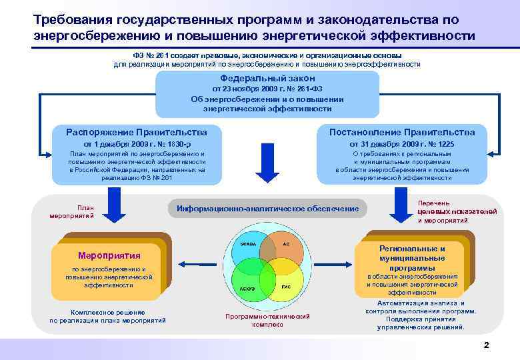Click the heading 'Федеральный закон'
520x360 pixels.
267,78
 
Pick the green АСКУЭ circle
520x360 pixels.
249,283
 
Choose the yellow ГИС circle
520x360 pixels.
285,283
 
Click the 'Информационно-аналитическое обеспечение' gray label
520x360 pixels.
267,209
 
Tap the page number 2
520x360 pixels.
486,345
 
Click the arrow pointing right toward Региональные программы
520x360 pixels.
337,262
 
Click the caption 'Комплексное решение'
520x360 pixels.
107,312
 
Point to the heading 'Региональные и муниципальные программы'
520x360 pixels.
412,258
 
